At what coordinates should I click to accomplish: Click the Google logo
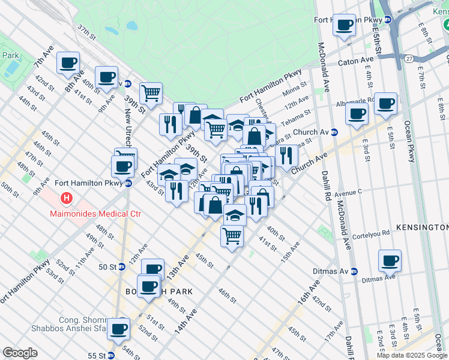click(x=20, y=353)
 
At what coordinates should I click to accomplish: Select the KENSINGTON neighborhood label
click(x=422, y=228)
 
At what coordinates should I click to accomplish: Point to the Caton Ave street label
click(x=356, y=61)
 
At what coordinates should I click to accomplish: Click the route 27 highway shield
click(x=409, y=59)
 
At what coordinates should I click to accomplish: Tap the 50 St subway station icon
click(x=122, y=266)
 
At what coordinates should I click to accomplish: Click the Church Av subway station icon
click(x=334, y=132)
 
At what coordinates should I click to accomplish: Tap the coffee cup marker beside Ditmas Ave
click(x=390, y=260)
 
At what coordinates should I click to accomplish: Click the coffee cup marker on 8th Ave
click(x=68, y=62)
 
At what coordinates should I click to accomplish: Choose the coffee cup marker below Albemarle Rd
click(x=357, y=114)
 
